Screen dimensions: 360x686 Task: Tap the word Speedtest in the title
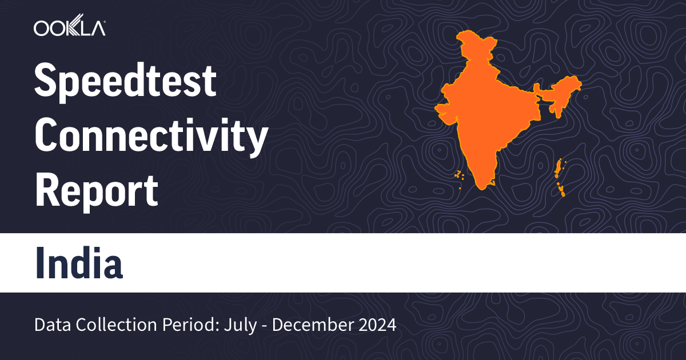pyautogui.click(x=125, y=82)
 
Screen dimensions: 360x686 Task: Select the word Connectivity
pyautogui.click(x=151, y=137)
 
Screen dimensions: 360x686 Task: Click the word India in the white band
pyautogui.click(x=79, y=262)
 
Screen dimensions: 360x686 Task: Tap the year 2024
pyautogui.click(x=375, y=325)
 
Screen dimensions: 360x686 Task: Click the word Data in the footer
pyautogui.click(x=50, y=325)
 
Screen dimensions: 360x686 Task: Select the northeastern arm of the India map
pyautogui.click(x=560, y=94)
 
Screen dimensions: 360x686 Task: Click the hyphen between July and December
pyautogui.click(x=267, y=326)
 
